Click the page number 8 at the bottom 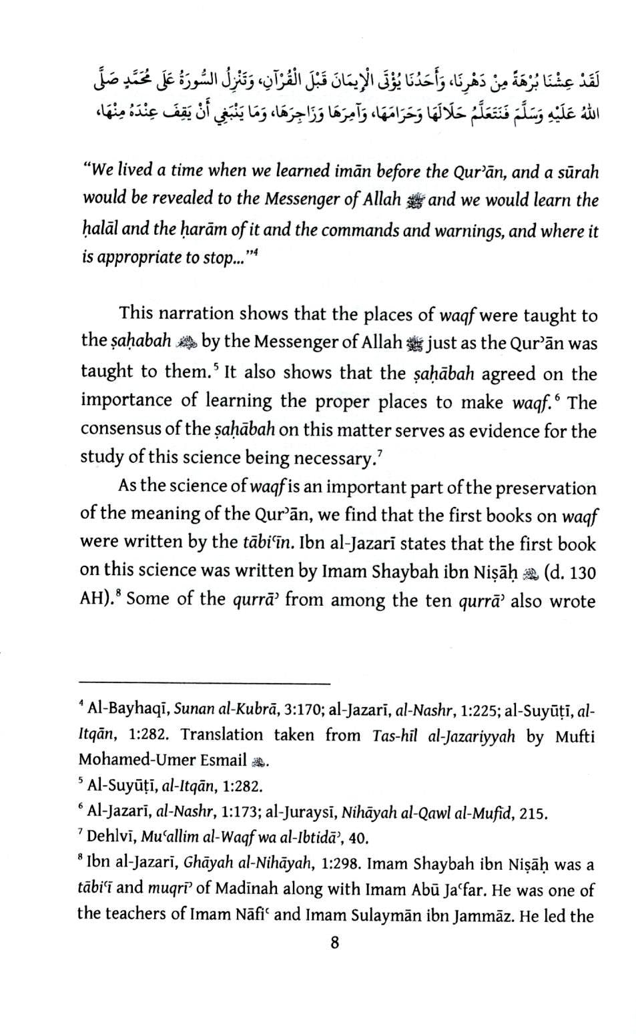[x=334, y=942]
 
